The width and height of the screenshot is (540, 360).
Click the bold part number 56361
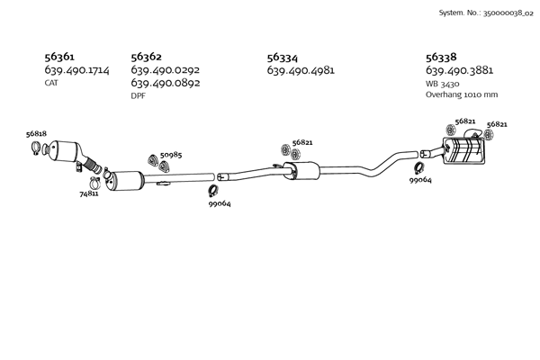[x=59, y=57]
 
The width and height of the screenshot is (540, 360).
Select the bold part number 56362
[x=146, y=57]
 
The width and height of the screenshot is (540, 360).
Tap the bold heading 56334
[x=283, y=58]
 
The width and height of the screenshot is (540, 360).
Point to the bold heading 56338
[x=441, y=57]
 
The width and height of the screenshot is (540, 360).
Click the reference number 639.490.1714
[x=76, y=70]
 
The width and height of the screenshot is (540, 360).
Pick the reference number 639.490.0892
[x=166, y=83]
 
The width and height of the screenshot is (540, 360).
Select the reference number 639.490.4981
[x=301, y=70]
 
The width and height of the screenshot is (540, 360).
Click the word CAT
[x=51, y=83]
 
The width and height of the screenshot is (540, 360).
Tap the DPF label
[x=138, y=95]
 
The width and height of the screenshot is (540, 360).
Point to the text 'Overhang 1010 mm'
[x=462, y=94]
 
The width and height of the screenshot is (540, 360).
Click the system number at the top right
[x=486, y=13]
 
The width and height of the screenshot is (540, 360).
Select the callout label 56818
[x=36, y=134]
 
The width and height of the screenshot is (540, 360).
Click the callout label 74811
[x=89, y=194]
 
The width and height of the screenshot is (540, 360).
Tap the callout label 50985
[x=171, y=155]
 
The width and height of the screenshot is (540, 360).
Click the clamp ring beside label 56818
[x=35, y=148]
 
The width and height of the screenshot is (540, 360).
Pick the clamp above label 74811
[x=94, y=183]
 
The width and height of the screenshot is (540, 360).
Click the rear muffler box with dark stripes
[x=463, y=150]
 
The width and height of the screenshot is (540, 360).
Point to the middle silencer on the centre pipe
[x=301, y=170]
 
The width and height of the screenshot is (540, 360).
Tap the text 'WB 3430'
[x=442, y=84]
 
